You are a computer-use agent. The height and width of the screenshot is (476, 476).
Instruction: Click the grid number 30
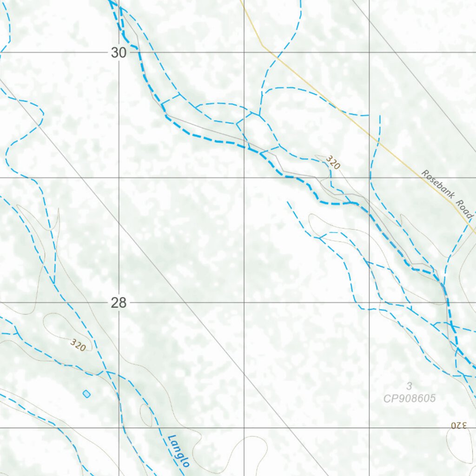pyautogui.click(x=119, y=53)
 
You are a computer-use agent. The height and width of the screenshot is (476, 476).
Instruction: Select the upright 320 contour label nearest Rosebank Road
pyautogui.click(x=333, y=162)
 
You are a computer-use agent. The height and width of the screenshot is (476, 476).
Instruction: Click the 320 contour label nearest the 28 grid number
pyautogui.click(x=78, y=345)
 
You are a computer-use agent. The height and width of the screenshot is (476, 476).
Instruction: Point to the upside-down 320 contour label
pyautogui.click(x=458, y=425)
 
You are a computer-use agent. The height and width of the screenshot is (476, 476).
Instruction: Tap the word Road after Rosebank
pyautogui.click(x=463, y=210)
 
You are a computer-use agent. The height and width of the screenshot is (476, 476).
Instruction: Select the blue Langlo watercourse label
pyautogui.click(x=179, y=450)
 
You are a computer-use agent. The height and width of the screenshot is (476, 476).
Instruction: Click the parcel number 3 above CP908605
pyautogui.click(x=409, y=386)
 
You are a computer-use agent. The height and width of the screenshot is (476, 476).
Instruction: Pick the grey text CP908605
pyautogui.click(x=409, y=398)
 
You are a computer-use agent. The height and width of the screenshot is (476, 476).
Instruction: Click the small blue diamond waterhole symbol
pyautogui.click(x=86, y=394)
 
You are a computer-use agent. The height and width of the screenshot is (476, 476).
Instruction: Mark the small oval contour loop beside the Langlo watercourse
pyautogui.click(x=146, y=415)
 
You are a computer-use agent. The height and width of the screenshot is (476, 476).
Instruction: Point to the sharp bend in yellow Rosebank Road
pyautogui.click(x=263, y=46)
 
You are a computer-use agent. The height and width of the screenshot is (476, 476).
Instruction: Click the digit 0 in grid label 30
pyautogui.click(x=122, y=53)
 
